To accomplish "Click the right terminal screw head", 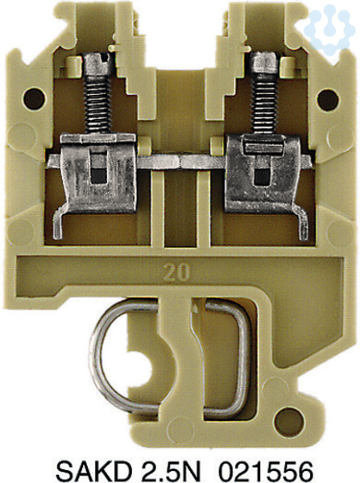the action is (x=264, y=63).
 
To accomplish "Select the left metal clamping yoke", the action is (x=98, y=173).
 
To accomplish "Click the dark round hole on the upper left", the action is (x=34, y=98).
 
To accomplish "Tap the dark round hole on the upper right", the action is (x=328, y=100).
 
